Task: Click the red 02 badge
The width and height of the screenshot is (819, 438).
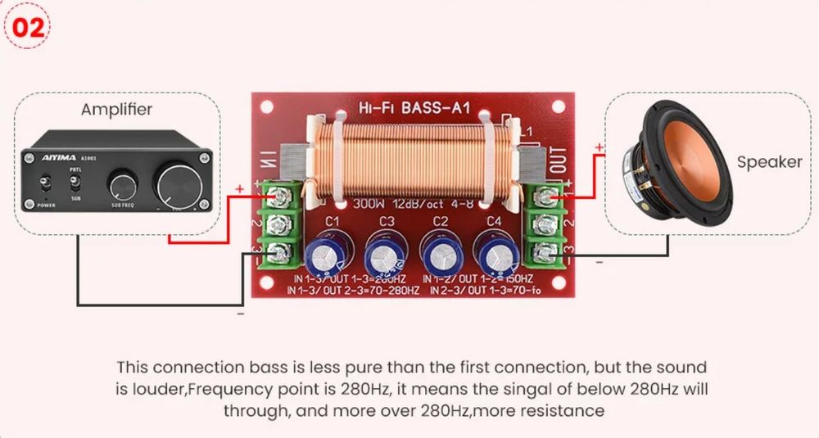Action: tap(27, 26)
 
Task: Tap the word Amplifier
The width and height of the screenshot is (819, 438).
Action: tap(116, 109)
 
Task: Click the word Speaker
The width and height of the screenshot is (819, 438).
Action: tap(769, 161)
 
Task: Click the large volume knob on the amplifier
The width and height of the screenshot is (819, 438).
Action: tap(178, 181)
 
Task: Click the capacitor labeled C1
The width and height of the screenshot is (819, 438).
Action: tap(330, 255)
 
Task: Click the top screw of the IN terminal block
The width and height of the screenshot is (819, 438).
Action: tap(275, 196)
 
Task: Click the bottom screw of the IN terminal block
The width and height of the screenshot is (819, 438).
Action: tap(275, 251)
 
